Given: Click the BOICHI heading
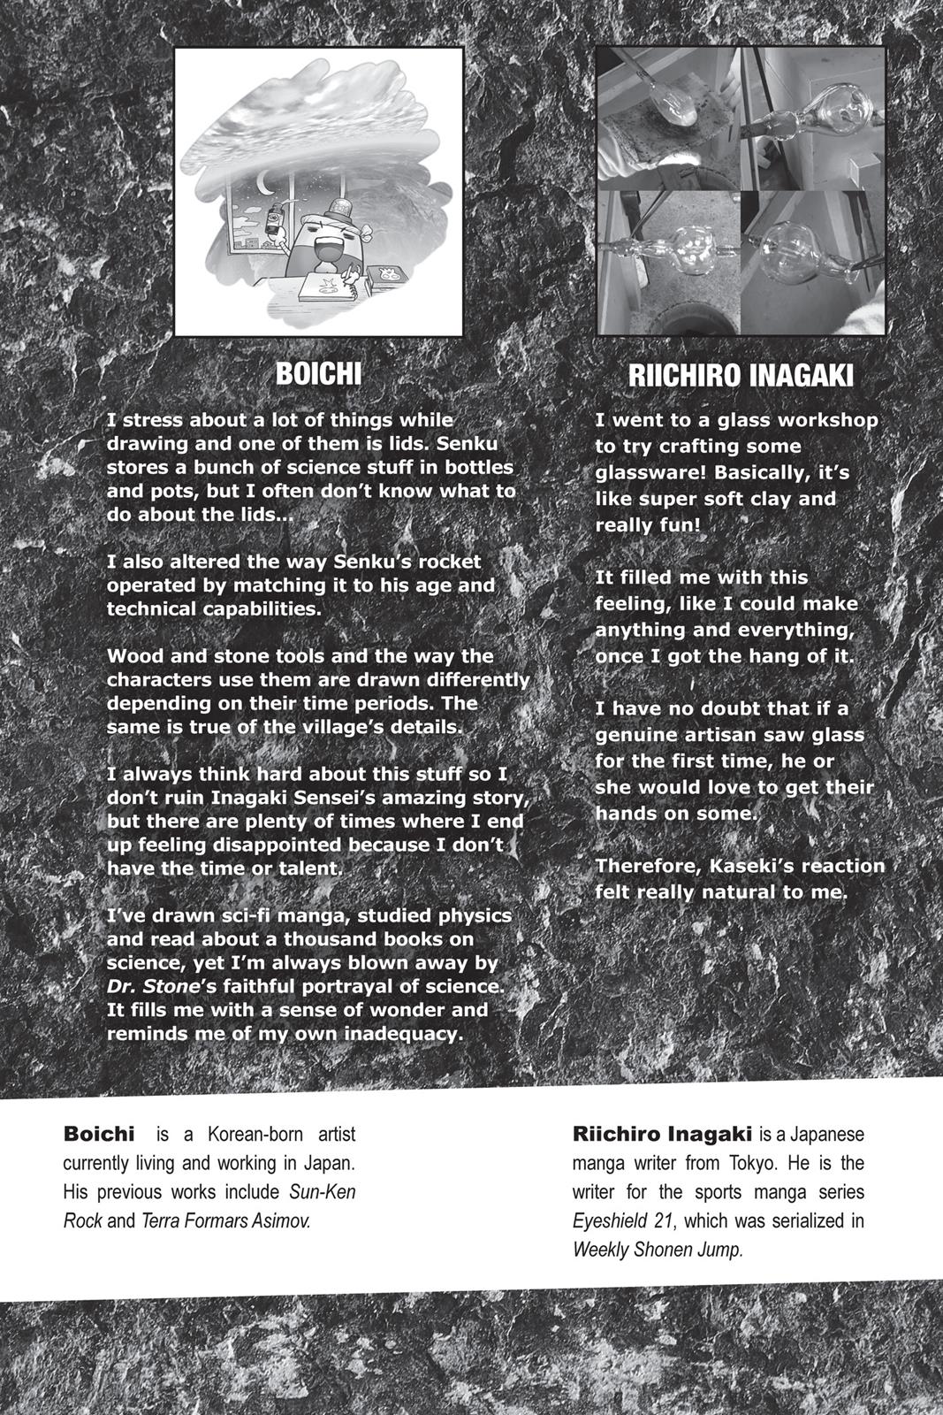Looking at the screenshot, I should point(318,373).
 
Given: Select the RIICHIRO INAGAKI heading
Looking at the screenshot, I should point(741,376).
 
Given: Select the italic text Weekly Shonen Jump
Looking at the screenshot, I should point(658,1251).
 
